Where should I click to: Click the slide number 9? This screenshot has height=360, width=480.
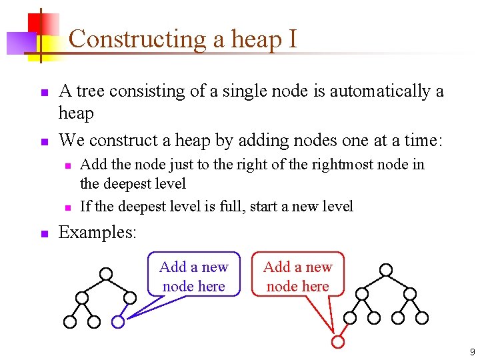tap(472, 352)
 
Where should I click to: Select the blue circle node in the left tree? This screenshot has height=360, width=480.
tap(118, 321)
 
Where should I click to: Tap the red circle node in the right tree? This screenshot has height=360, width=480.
tap(338, 342)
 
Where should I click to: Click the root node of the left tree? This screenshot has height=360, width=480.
tap(106, 274)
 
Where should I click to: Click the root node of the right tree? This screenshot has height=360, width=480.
tap(386, 269)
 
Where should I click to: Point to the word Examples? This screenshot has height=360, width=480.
tap(97, 233)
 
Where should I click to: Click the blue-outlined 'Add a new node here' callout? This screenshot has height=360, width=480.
tap(193, 276)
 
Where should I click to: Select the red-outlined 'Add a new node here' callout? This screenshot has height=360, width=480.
tap(297, 276)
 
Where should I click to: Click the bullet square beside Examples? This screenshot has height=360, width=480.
tap(43, 233)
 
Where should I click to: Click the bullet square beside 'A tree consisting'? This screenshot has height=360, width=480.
tap(43, 92)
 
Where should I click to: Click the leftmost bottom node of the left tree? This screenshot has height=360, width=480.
tap(70, 321)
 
